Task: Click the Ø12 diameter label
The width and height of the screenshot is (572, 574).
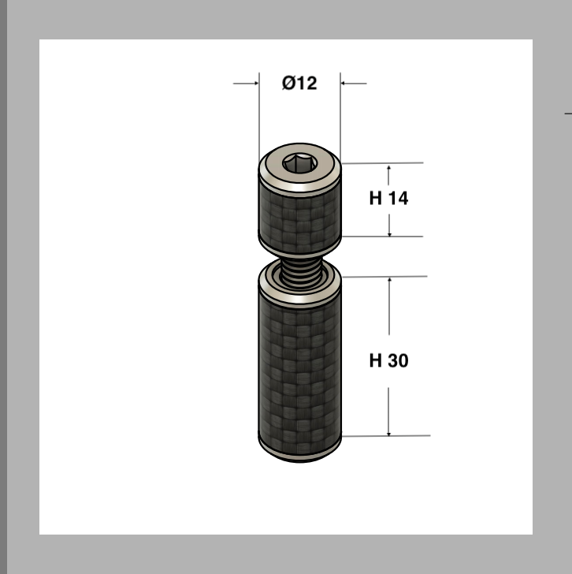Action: (299, 83)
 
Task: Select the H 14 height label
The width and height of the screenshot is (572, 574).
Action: (388, 198)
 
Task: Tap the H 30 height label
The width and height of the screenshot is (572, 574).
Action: (388, 360)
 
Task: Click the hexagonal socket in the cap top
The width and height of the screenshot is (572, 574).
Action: (299, 163)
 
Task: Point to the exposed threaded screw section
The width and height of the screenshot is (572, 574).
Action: (299, 273)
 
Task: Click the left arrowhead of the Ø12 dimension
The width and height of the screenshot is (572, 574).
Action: (256, 84)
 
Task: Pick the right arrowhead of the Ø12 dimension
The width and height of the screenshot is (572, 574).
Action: (344, 84)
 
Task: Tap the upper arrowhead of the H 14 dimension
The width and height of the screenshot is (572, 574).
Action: (388, 168)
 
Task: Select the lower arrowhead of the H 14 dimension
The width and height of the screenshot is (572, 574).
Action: (389, 233)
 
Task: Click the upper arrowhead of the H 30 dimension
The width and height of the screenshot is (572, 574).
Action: (389, 280)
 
